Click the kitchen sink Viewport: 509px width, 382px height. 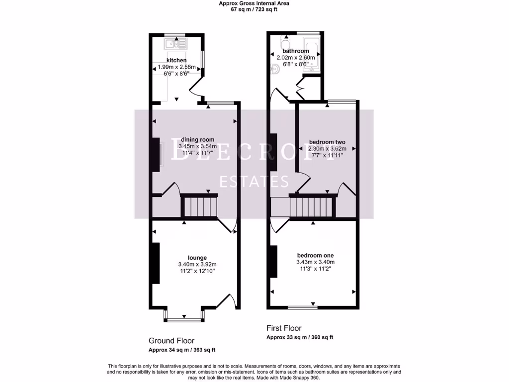coord(175,43)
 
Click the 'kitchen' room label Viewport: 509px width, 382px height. coord(176,60)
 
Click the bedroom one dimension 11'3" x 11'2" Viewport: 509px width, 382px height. coord(315,269)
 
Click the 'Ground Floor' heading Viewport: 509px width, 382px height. coord(171,341)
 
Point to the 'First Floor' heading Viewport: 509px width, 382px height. coord(284,328)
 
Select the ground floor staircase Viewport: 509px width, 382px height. coord(199,206)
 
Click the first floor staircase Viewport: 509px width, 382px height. coord(311,206)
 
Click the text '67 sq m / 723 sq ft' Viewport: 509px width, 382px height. coord(254,9)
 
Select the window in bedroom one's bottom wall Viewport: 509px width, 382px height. coord(302,307)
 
